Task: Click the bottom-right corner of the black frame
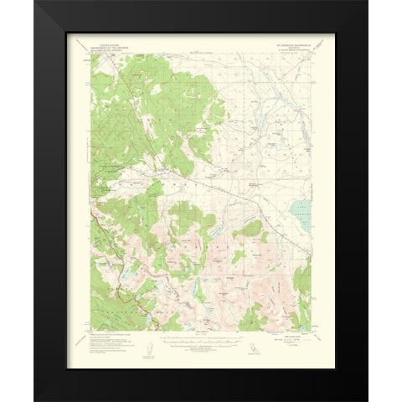367,400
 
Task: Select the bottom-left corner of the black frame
35,400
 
